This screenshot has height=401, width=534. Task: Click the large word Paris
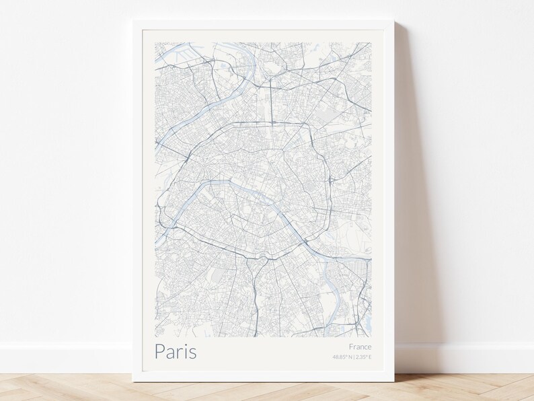pyautogui.click(x=176, y=351)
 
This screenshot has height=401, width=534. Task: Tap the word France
pyautogui.click(x=360, y=347)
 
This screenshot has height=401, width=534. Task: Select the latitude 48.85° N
pyautogui.click(x=342, y=357)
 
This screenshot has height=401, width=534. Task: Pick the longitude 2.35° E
pyautogui.click(x=363, y=357)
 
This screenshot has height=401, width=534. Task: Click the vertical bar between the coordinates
pyautogui.click(x=354, y=357)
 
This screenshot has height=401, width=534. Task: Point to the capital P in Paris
pyautogui.click(x=160, y=351)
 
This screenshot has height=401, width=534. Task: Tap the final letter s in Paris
pyautogui.click(x=193, y=352)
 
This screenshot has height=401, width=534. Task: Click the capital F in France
pyautogui.click(x=351, y=347)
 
